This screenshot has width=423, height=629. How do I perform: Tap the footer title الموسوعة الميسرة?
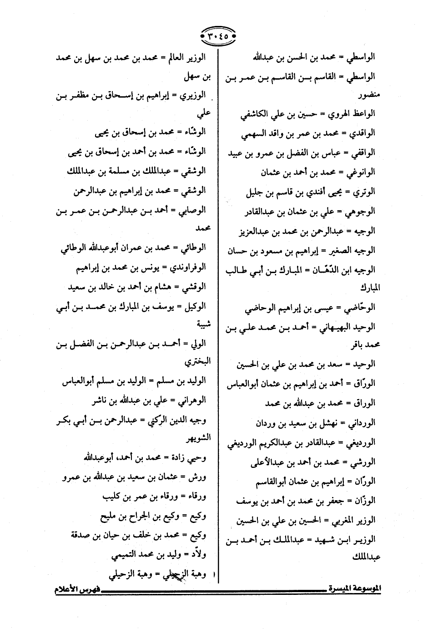(x=354, y=588)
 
